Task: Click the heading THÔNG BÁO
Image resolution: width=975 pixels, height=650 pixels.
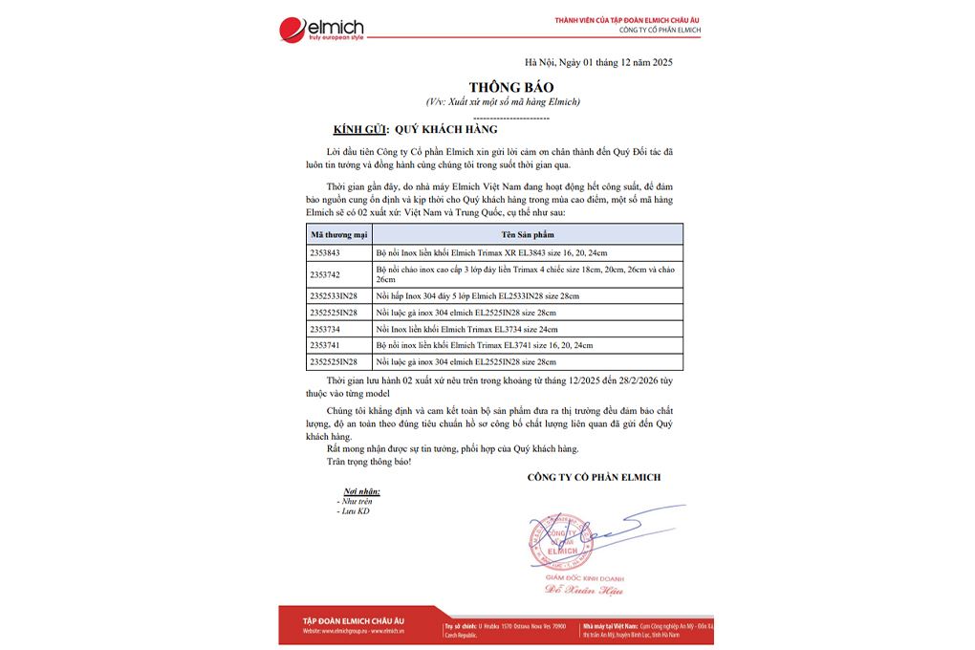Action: point(497,87)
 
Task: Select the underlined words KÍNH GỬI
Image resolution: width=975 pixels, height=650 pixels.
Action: point(351,128)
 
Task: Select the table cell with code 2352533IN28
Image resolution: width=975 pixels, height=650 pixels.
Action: point(334,295)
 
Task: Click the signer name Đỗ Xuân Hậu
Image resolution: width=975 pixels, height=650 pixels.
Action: point(571,592)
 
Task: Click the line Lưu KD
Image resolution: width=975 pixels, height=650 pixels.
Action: point(355,511)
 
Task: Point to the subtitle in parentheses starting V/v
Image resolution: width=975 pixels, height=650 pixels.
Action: point(503,101)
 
